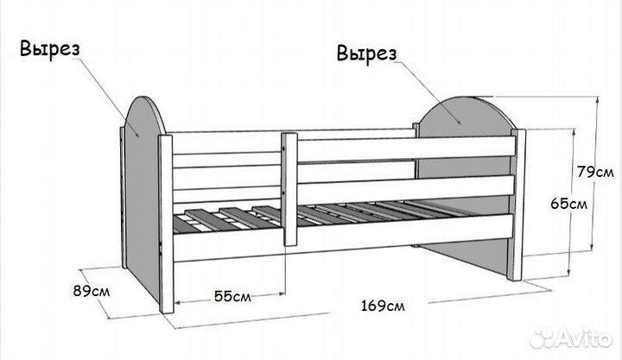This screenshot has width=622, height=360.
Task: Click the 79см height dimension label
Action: pos(595,172)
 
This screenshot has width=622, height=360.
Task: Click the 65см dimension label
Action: pos(568,204)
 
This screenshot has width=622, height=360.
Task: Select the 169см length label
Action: pos(383,306)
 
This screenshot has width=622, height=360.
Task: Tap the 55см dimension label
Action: pos(232,296)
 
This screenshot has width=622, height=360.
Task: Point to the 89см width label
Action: pos(92,291)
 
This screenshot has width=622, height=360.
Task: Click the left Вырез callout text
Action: pos(50,49)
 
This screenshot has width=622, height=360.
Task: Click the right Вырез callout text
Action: pos(366,54)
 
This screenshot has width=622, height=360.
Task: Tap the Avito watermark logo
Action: pos(570,338)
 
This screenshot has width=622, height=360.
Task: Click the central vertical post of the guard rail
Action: pos(289,189)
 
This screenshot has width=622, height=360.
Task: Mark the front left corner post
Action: pos(166,224)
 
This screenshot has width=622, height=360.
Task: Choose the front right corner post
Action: pos(517,205)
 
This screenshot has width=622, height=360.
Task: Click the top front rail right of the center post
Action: pos(407,149)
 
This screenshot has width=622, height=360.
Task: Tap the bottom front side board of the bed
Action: pos(344,237)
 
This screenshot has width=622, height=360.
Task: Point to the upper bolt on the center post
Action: pos(283,148)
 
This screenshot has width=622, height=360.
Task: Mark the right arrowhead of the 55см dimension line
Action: pos(282,294)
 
